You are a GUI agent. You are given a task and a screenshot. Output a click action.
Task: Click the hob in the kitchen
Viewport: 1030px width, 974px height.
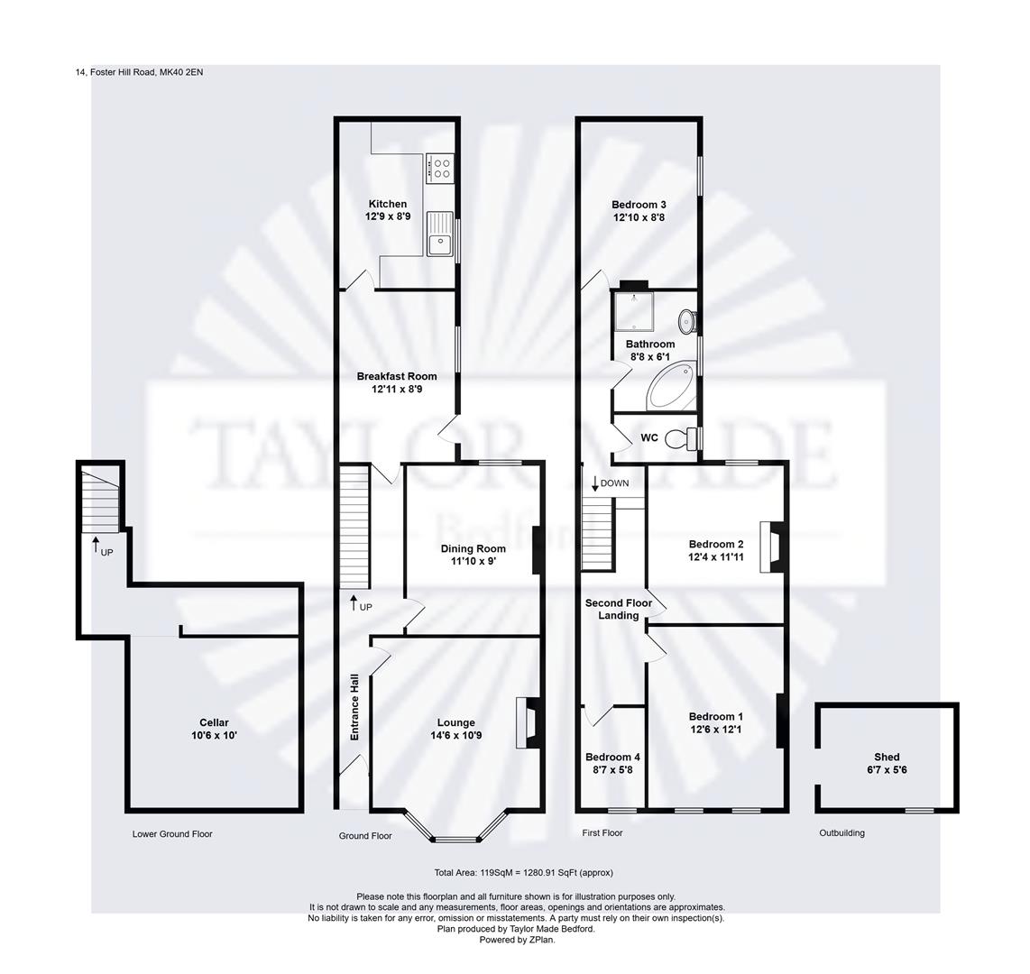click(x=440, y=168)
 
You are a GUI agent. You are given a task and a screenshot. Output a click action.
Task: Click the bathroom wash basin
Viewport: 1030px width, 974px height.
click(x=687, y=320)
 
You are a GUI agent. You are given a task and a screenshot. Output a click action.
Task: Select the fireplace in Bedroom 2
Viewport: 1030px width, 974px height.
click(x=772, y=547)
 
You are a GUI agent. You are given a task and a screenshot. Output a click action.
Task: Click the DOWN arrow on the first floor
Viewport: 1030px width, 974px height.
click(x=595, y=482)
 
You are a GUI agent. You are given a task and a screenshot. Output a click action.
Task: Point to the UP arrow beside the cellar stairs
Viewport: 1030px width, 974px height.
click(x=96, y=545)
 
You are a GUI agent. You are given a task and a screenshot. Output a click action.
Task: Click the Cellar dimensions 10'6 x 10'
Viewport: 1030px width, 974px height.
click(x=214, y=736)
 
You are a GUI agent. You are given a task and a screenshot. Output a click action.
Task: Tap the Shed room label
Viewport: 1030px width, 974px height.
click(x=887, y=758)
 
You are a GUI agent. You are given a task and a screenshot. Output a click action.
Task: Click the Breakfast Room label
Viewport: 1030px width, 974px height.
click(x=396, y=377)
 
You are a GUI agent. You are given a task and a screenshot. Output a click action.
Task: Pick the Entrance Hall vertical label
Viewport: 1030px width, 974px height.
click(x=354, y=708)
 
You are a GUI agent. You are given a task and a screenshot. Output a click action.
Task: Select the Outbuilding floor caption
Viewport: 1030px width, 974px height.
click(x=841, y=833)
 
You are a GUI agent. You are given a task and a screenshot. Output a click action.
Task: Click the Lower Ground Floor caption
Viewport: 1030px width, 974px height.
click(x=172, y=834)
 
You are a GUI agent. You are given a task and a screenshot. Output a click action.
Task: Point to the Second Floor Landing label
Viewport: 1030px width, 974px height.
click(x=618, y=609)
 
